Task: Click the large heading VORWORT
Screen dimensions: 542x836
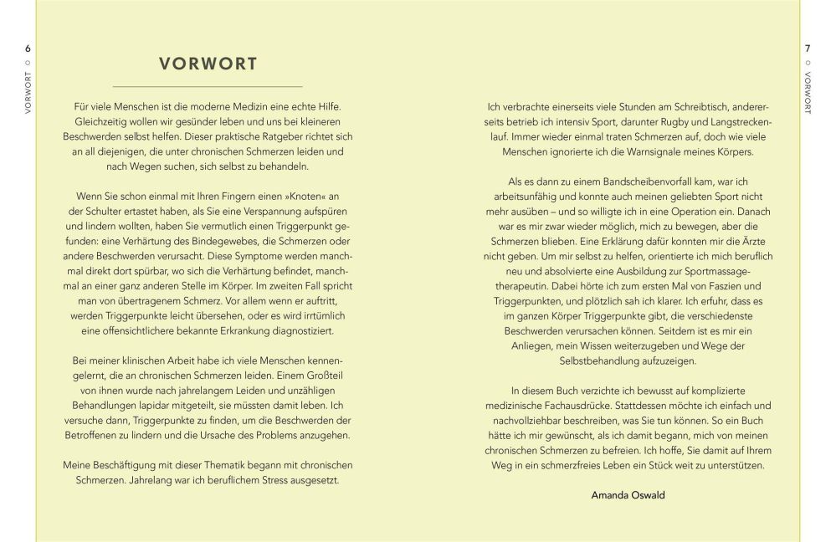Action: pyautogui.click(x=208, y=64)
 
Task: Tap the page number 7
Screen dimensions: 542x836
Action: pyautogui.click(x=808, y=48)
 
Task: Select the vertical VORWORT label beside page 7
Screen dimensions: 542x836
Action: pyautogui.click(x=808, y=94)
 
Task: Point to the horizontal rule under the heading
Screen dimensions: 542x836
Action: pyautogui.click(x=208, y=86)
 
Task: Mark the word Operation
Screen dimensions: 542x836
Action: pyautogui.click(x=683, y=212)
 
